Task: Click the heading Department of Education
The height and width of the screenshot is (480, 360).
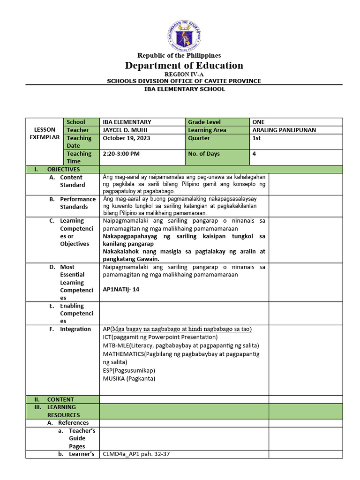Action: (184, 65)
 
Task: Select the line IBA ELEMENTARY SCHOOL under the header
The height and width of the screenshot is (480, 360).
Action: (184, 89)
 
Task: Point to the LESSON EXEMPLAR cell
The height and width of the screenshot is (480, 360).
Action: (45, 134)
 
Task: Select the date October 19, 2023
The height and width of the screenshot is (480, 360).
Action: (125, 138)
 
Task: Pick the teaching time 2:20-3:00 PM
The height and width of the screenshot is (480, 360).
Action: (121, 154)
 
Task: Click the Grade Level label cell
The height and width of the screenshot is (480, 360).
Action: (204, 122)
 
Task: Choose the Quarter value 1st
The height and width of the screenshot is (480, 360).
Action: (257, 138)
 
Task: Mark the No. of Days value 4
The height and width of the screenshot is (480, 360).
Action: (254, 154)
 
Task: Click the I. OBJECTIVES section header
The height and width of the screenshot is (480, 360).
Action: (63, 169)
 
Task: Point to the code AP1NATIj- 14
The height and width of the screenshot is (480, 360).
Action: (121, 289)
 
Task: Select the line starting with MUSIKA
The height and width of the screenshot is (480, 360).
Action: (129, 378)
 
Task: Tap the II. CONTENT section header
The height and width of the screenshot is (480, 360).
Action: (60, 399)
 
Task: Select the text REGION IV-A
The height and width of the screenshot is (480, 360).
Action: (184, 75)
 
